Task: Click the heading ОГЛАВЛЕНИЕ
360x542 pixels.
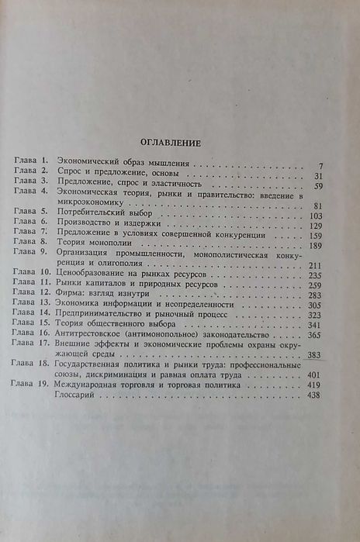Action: pos(169,143)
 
